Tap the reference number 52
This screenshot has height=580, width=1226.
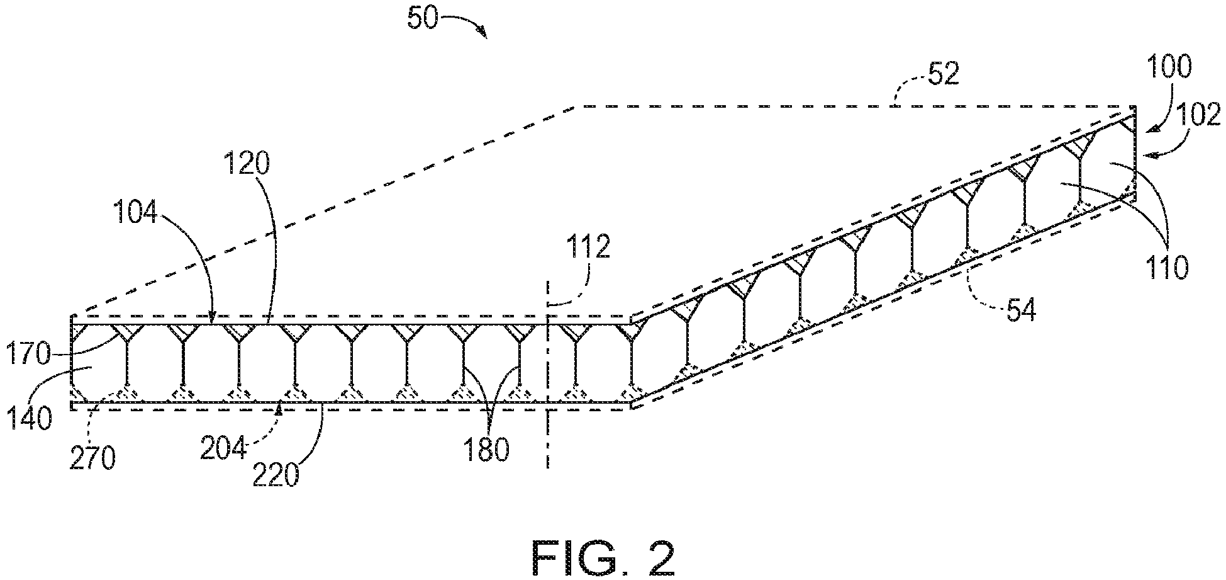pos(943,74)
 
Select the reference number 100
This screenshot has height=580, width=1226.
pos(1169,66)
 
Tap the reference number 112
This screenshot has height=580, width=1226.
pos(588,247)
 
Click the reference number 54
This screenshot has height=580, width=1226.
pos(1019,310)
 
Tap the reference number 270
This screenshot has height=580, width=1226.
pos(93,459)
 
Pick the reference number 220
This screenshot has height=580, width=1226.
pos(276,475)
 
